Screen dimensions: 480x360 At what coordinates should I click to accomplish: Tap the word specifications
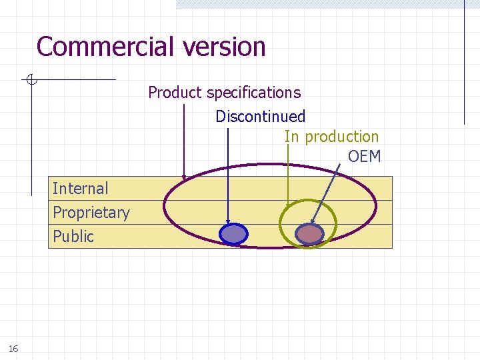coord(253,93)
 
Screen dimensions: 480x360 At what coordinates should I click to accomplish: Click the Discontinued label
coord(260,117)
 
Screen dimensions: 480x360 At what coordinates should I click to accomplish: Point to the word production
coord(341,137)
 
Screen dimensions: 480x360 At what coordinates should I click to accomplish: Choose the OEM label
coord(364,157)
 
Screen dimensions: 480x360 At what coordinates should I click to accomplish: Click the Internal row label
coord(80,189)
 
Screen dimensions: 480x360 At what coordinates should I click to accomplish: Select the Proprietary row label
coord(91,213)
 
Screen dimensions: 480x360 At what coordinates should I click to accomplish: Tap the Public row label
coord(73,236)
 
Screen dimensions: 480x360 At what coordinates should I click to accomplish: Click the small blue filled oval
coord(233,233)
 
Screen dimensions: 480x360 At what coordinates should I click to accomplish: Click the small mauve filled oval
coord(309,233)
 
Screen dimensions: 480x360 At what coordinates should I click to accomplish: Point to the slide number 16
coord(13,349)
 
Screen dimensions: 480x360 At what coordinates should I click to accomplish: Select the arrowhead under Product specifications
coord(185,177)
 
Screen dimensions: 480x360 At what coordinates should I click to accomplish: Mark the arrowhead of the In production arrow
coord(287,205)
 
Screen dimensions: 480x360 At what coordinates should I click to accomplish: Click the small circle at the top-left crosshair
coord(31,80)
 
